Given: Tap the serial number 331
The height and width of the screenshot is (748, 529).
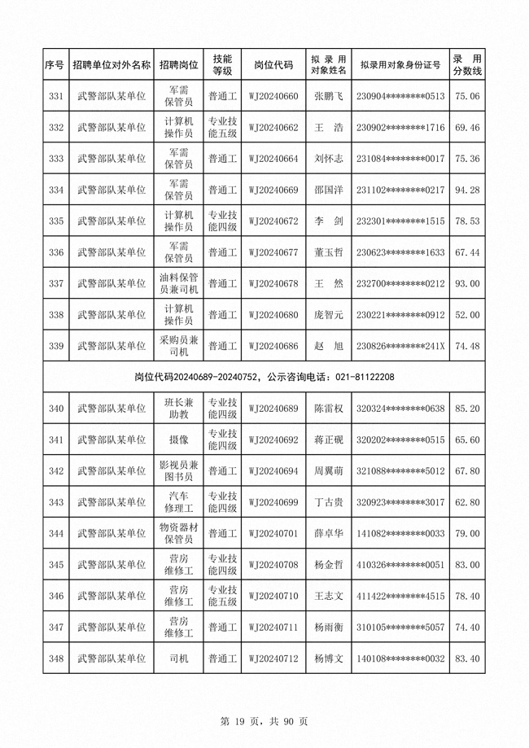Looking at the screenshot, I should pyautogui.click(x=56, y=97).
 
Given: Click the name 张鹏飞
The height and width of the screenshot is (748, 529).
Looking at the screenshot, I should pyautogui.click(x=329, y=97).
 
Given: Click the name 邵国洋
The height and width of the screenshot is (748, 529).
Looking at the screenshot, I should pyautogui.click(x=329, y=190).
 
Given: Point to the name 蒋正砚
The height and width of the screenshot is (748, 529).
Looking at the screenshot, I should pyautogui.click(x=329, y=440).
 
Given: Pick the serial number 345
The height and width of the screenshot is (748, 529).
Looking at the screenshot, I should pyautogui.click(x=56, y=564).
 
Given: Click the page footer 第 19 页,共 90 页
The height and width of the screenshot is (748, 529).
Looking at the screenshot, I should pyautogui.click(x=264, y=720).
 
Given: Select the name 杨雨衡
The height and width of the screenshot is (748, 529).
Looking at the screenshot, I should pyautogui.click(x=329, y=627).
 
